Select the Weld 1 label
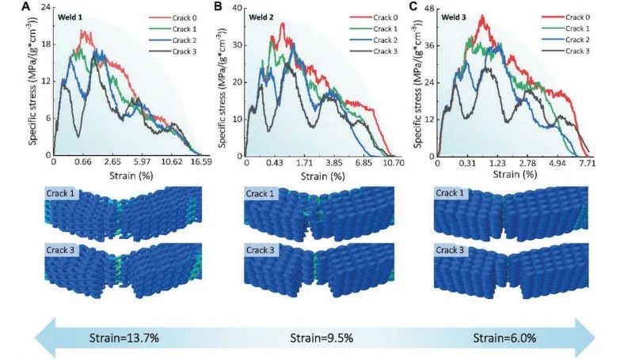70,17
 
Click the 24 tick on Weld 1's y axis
45,9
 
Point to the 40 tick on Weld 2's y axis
238,9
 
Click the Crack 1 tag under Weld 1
69,194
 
